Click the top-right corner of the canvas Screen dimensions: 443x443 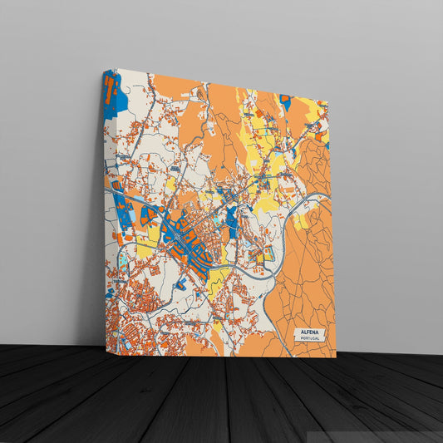pyautogui.click(x=328, y=102)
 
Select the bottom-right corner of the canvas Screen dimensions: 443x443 pyautogui.click(x=336, y=357)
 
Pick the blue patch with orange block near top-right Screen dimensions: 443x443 pyautogui.click(x=285, y=101)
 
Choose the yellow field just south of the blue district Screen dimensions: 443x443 pyautogui.click(x=218, y=279)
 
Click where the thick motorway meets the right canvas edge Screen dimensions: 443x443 pyautogui.click(x=330, y=195)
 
